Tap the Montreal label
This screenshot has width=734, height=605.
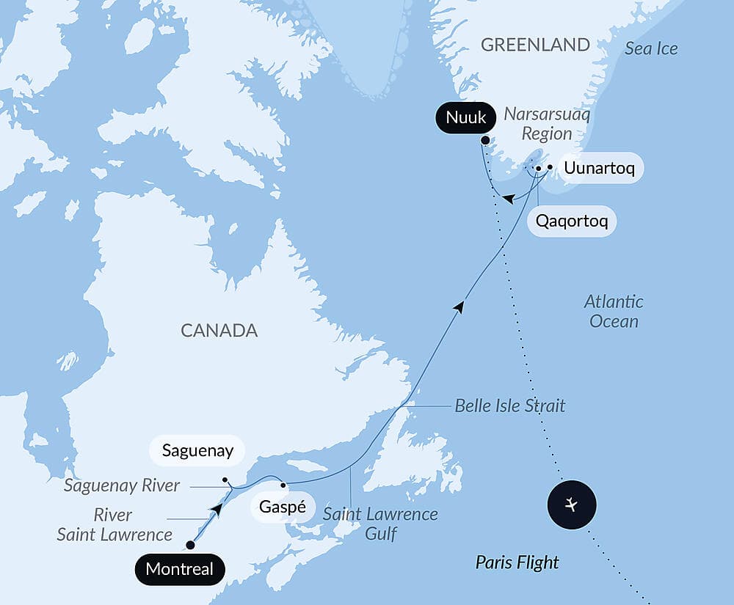pyautogui.click(x=180, y=569)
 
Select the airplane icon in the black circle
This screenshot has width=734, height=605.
pyautogui.click(x=572, y=505)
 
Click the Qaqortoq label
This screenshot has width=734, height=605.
pyautogui.click(x=571, y=221)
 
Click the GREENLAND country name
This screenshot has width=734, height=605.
pyautogui.click(x=535, y=44)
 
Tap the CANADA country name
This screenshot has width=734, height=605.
pyautogui.click(x=219, y=330)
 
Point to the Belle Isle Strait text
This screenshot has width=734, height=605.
pyautogui.click(x=509, y=406)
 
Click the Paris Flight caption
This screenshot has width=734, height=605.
pyautogui.click(x=517, y=562)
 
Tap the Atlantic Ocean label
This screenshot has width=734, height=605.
pyautogui.click(x=614, y=311)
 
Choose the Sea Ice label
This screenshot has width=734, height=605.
pyautogui.click(x=651, y=48)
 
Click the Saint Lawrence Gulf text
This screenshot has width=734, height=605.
pyautogui.click(x=380, y=524)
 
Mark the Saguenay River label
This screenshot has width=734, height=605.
pyautogui.click(x=121, y=485)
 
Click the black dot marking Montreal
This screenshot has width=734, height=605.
pyautogui.click(x=190, y=545)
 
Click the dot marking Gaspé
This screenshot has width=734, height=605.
pyautogui.click(x=283, y=485)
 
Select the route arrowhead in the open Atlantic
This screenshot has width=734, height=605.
pyautogui.click(x=460, y=306)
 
